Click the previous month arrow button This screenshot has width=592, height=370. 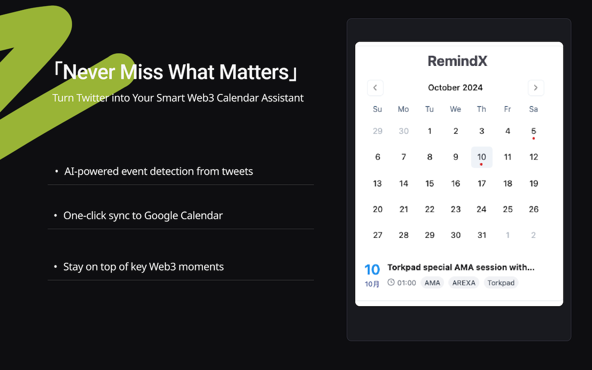tap(375, 88)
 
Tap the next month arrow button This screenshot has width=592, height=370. tap(536, 88)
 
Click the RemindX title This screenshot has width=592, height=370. tap(457, 61)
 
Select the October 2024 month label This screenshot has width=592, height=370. tap(455, 87)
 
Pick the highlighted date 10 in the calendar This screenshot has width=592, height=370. tap(481, 157)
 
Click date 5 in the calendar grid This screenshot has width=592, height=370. tap(533, 131)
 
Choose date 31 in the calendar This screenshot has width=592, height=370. tap(481, 235)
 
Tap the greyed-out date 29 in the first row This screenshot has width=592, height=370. tap(377, 131)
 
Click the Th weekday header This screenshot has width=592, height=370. tap(481, 109)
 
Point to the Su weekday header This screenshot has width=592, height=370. tap(377, 109)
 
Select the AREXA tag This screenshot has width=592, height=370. tap(463, 283)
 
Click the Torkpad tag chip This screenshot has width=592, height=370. tap(501, 283)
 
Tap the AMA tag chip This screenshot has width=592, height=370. tap(432, 283)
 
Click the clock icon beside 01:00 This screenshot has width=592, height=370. tap(391, 282)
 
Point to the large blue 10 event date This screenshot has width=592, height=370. tap(372, 269)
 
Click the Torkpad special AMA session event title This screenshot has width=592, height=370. tap(461, 267)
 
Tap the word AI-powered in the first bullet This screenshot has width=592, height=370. tap(92, 171)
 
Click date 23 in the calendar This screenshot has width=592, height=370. tap(456, 209)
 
